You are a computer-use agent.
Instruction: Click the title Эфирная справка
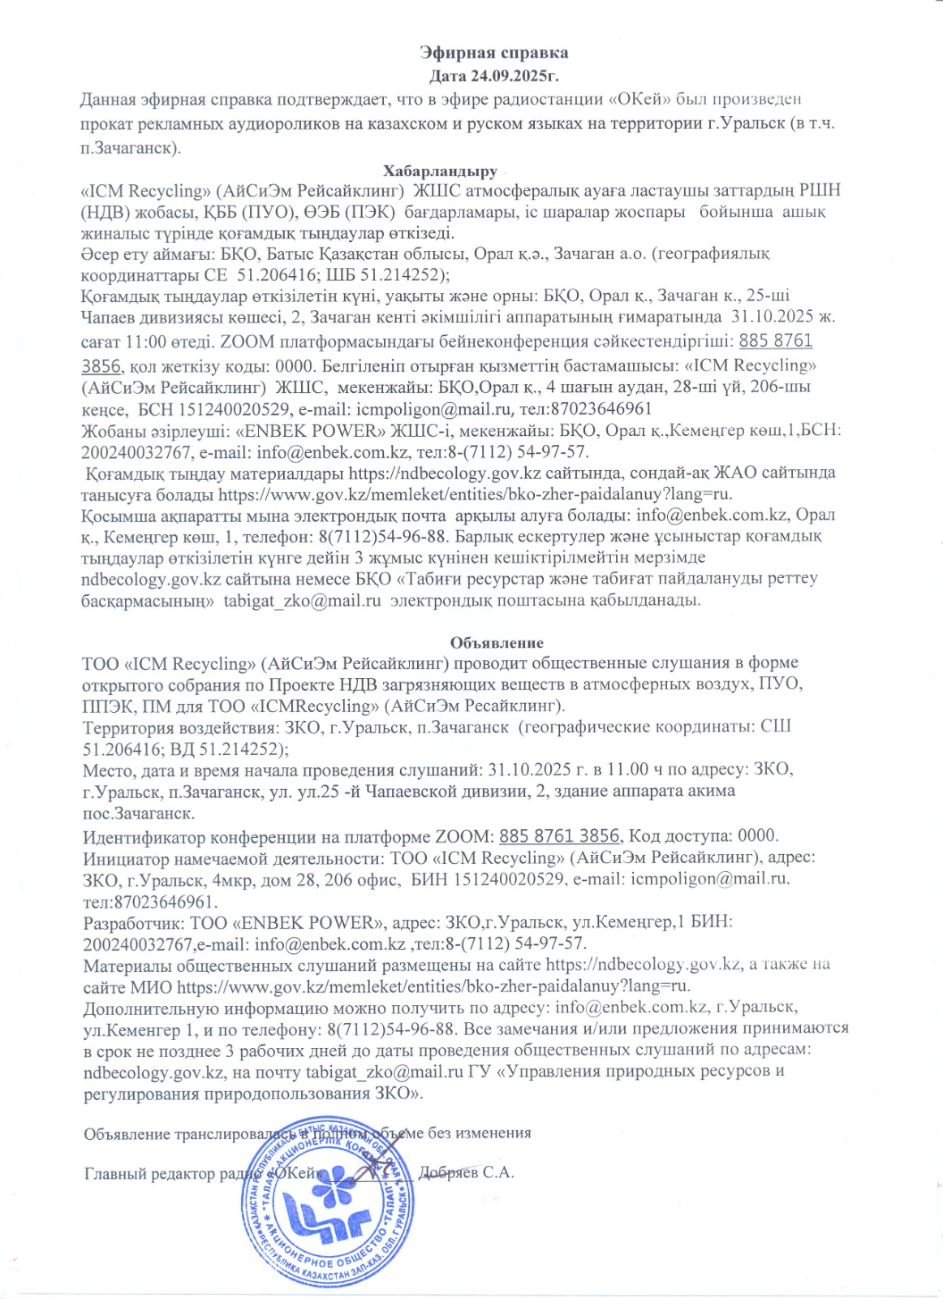pos(493,53)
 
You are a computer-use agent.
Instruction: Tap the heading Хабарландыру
pos(440,171)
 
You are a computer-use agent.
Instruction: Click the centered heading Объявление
pos(497,643)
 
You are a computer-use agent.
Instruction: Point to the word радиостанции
pos(552,100)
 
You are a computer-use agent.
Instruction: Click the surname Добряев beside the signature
pos(448,1173)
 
